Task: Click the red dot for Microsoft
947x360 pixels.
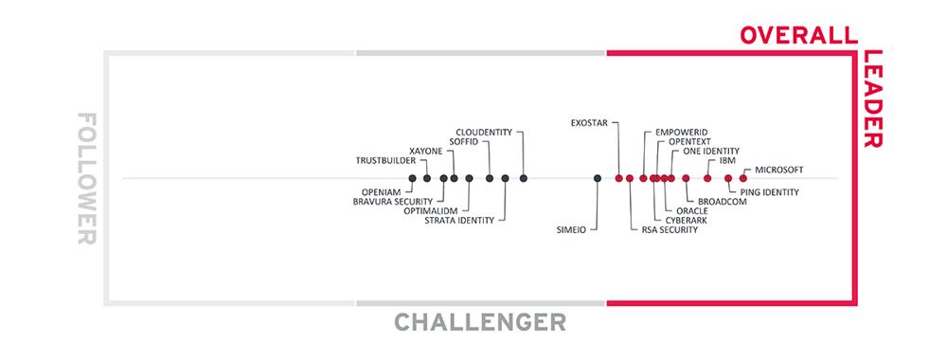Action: tap(742, 178)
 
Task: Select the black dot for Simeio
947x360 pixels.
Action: tap(598, 178)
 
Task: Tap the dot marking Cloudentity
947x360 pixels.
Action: tap(524, 178)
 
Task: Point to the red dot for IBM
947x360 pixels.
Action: tap(707, 178)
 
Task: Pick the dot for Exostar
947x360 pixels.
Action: tap(618, 178)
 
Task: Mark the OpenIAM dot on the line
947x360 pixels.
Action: tap(412, 178)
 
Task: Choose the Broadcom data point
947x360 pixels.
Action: tap(686, 178)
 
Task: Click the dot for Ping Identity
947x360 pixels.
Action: tap(728, 178)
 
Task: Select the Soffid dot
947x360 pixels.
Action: tap(490, 178)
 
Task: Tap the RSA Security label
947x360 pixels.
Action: tap(670, 230)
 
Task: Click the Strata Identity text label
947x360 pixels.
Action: tap(459, 221)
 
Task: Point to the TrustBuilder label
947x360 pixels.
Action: tap(385, 161)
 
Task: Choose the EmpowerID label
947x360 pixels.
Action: tap(681, 133)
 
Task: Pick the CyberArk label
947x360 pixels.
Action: tap(686, 221)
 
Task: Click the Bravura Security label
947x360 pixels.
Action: tap(393, 201)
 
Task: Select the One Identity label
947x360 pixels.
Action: tap(711, 151)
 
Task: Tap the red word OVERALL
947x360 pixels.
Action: tap(799, 35)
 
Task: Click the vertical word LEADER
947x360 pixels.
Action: tap(873, 99)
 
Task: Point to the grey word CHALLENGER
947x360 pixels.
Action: tap(480, 322)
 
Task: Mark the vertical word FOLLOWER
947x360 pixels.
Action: tap(87, 178)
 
